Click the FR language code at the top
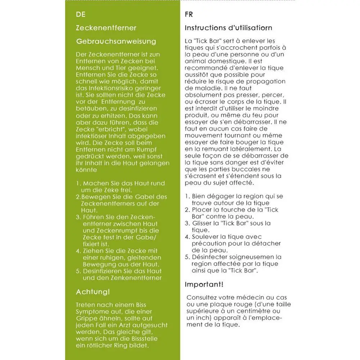[x=189, y=15]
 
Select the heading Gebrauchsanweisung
[x=116, y=41]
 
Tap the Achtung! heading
[x=93, y=291]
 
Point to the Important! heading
[x=204, y=284]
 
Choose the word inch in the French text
[x=204, y=318]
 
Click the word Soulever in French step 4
[x=204, y=237]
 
